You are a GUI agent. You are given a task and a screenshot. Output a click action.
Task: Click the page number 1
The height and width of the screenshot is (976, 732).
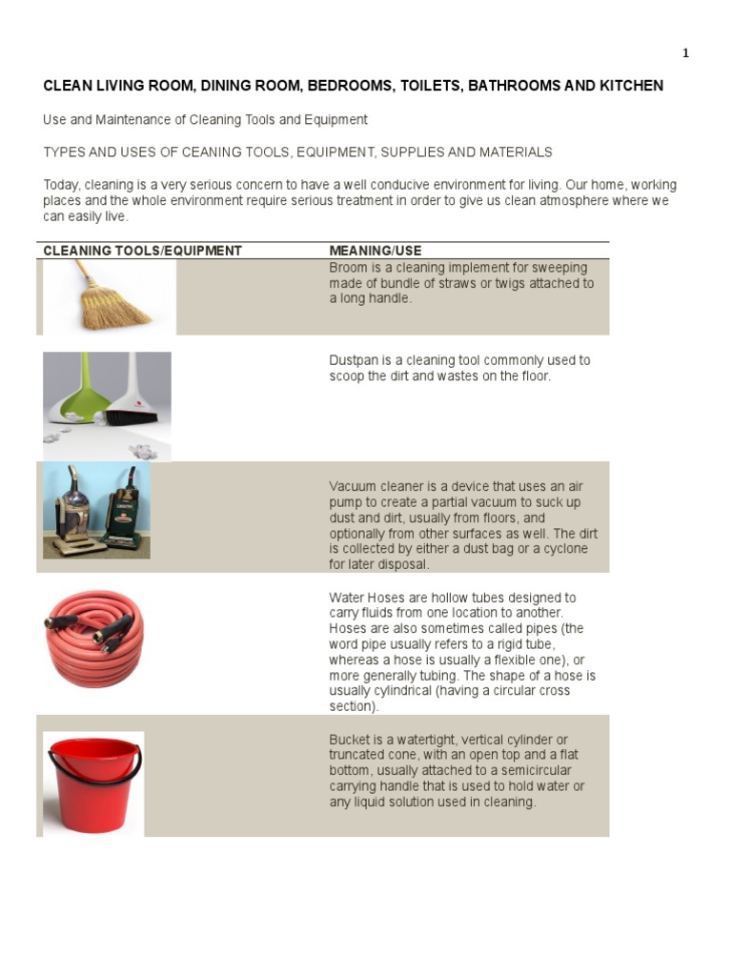coord(685,53)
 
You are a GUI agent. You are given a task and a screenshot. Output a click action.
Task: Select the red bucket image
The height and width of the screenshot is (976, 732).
coord(93,783)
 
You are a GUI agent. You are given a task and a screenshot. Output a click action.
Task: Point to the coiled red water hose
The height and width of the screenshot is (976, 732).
coord(93,638)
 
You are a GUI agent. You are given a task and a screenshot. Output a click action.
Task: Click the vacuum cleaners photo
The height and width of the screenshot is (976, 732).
coord(95,510)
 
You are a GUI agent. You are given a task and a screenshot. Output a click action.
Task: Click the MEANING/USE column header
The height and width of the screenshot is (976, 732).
coord(375,251)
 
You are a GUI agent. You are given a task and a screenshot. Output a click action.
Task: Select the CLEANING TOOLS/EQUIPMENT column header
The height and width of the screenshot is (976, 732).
coord(142,251)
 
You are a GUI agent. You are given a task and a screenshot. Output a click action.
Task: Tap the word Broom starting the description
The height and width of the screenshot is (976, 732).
coord(348,268)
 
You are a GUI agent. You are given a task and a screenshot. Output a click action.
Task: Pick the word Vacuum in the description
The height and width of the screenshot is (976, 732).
coord(354,486)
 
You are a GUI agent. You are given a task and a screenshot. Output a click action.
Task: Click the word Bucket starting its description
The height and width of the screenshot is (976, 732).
coord(350,740)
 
